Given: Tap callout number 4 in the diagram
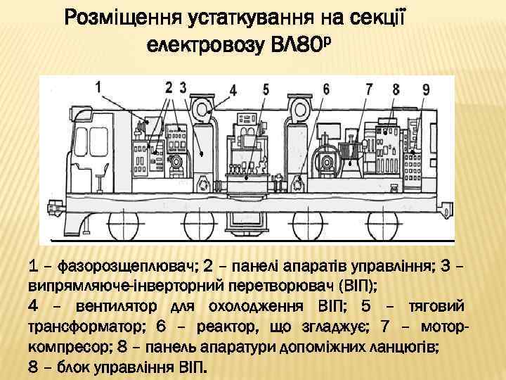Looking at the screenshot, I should click(232, 91).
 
